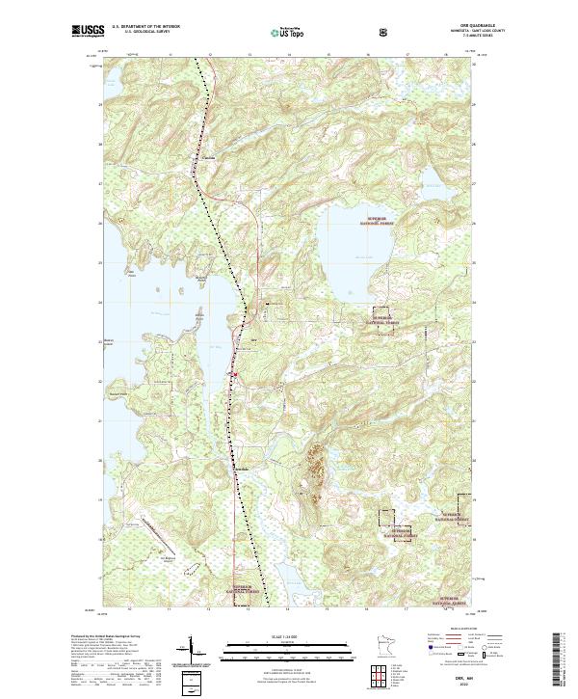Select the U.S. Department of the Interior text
point(145,27)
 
